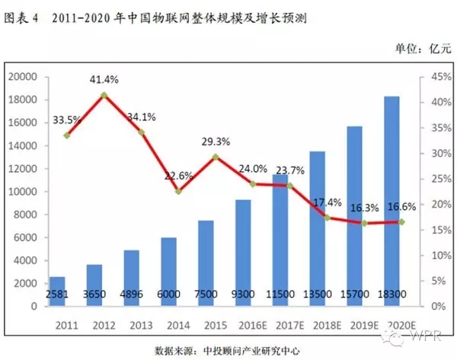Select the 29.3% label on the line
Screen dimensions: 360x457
[x=216, y=142]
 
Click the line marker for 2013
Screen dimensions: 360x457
[x=141, y=132]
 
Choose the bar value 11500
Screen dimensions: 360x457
[x=280, y=294]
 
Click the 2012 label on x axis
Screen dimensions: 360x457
[x=104, y=322]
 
